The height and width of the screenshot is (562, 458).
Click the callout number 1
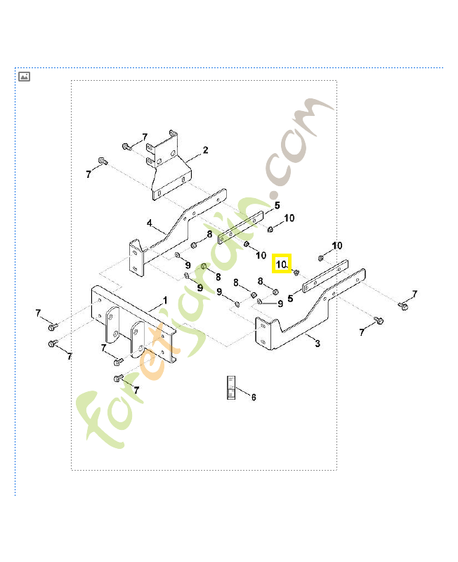(166, 301)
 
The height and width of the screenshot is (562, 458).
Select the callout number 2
(205, 150)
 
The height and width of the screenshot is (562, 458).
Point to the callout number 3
(318, 344)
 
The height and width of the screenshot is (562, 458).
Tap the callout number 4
(149, 223)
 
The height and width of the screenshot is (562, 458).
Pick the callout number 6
(253, 397)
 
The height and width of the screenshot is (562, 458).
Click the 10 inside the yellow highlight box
(281, 264)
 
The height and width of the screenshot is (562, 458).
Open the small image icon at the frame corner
(24, 77)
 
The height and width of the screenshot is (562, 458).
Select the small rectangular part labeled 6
(228, 388)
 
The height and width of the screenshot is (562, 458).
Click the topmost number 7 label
(145, 137)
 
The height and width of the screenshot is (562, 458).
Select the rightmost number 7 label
(414, 294)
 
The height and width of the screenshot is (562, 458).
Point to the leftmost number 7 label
(38, 313)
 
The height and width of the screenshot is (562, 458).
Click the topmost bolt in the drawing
(126, 146)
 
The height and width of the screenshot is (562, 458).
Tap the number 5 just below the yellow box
(289, 299)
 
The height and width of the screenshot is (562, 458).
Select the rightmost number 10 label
(337, 245)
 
